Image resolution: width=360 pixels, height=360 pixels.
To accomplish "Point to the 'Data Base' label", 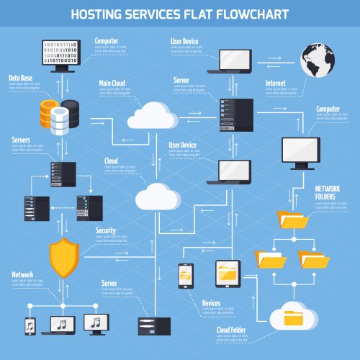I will (x=21, y=77).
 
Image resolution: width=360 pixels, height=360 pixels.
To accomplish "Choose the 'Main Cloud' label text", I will (x=112, y=84).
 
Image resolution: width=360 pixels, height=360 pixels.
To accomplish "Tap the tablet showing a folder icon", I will (x=228, y=274).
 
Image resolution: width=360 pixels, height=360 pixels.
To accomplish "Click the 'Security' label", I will (x=106, y=230).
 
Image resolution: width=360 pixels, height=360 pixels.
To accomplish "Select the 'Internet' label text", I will (x=276, y=84).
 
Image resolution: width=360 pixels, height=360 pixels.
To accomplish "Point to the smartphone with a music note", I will (x=30, y=325).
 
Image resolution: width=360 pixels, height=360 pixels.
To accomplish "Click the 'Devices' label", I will (x=211, y=303).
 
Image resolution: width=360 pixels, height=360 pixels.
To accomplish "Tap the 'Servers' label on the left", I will (x=21, y=140).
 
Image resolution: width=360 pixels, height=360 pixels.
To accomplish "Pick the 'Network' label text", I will (x=22, y=274).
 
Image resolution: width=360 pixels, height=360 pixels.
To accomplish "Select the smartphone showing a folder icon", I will (x=186, y=275).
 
